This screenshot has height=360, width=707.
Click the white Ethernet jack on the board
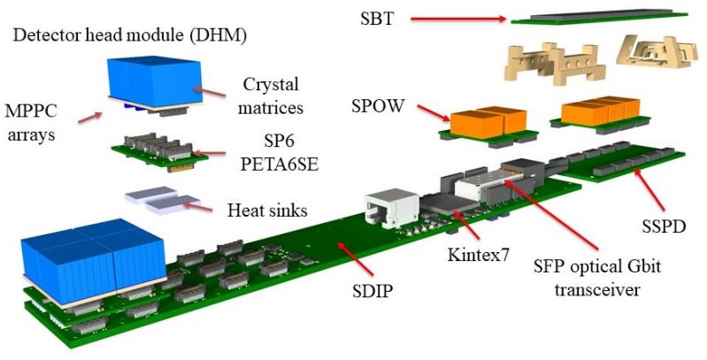[x=381, y=208]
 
